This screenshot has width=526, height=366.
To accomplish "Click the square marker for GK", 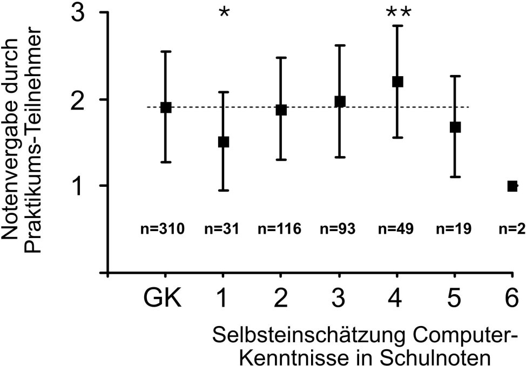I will [x=166, y=107].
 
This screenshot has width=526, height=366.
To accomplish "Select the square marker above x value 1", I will [x=224, y=142].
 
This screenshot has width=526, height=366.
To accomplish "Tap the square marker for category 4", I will [x=397, y=82].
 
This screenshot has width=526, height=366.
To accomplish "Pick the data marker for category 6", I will [x=512, y=186].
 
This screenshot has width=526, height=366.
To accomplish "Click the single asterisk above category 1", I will [x=224, y=14].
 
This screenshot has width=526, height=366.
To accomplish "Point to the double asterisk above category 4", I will [x=399, y=14].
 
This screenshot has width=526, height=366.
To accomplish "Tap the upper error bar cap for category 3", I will [x=340, y=45].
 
